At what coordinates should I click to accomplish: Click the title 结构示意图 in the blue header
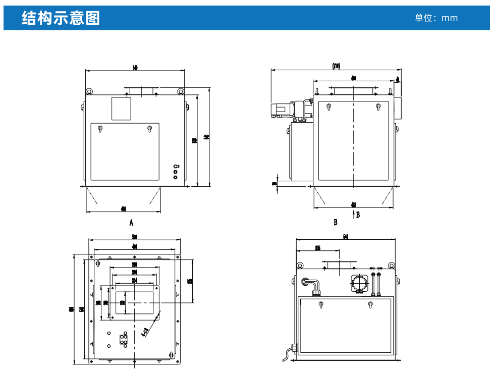click(x=61, y=18)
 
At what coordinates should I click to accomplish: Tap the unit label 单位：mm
click(x=436, y=18)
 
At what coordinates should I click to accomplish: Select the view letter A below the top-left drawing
click(x=131, y=222)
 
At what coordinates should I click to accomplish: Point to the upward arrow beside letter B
click(x=353, y=215)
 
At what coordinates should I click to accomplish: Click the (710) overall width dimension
click(x=336, y=66)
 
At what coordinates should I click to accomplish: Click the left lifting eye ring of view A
click(x=89, y=91)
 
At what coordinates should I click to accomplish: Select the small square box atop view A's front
click(x=121, y=108)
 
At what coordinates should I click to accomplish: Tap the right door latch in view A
click(x=149, y=129)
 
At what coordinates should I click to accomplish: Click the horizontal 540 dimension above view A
click(x=135, y=68)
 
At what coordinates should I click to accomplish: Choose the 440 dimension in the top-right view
click(x=353, y=78)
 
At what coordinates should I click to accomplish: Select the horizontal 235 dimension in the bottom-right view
click(x=317, y=247)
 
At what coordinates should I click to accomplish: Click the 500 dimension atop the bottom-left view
click(x=135, y=237)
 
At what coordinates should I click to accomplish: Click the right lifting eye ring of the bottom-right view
click(x=391, y=266)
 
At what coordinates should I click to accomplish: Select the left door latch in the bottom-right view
click(x=320, y=304)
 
